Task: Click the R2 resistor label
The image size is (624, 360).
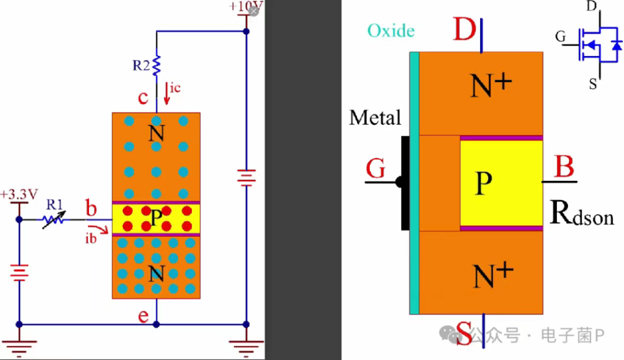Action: pyautogui.click(x=141, y=65)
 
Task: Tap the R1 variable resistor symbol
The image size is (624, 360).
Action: pyautogui.click(x=54, y=219)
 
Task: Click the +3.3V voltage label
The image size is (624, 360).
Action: pyautogui.click(x=19, y=194)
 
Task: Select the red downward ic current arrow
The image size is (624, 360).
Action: pyautogui.click(x=167, y=93)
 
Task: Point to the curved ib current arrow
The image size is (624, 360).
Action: pyautogui.click(x=99, y=229)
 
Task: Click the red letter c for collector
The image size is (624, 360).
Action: pyautogui.click(x=143, y=97)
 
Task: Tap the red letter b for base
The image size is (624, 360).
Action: pyautogui.click(x=91, y=208)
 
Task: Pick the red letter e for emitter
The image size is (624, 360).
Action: pyautogui.click(x=143, y=316)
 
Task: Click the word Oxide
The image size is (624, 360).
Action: pyautogui.click(x=391, y=30)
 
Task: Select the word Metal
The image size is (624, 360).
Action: pyautogui.click(x=375, y=118)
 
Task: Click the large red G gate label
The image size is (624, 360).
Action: pyautogui.click(x=375, y=168)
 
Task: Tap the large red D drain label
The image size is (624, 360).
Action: pyautogui.click(x=464, y=29)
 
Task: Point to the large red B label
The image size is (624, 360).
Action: pyautogui.click(x=564, y=166)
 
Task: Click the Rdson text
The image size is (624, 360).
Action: pyautogui.click(x=581, y=213)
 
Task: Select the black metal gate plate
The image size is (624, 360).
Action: pyautogui.click(x=405, y=183)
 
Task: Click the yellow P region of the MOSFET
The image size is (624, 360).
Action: pyautogui.click(x=502, y=183)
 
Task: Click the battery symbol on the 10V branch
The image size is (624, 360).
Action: pyautogui.click(x=246, y=177)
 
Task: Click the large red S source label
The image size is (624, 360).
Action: pyautogui.click(x=464, y=333)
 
